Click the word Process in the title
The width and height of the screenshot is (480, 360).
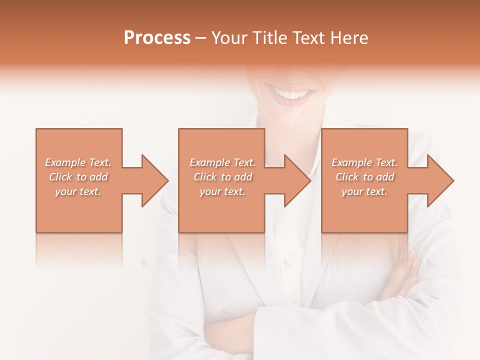[157, 38]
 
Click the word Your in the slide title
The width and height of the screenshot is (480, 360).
[229, 38]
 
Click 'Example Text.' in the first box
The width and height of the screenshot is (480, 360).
[78, 162]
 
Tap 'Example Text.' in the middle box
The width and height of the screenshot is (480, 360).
[222, 162]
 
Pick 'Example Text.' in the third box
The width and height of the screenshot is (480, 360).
[364, 162]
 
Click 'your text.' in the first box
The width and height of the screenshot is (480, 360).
[78, 191]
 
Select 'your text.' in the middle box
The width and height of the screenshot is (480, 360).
[222, 191]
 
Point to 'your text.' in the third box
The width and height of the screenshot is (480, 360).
[364, 191]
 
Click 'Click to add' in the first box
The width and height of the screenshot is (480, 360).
[78, 177]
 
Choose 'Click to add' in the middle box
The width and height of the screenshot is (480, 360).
[222, 177]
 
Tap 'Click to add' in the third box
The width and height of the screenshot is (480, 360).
[364, 177]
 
